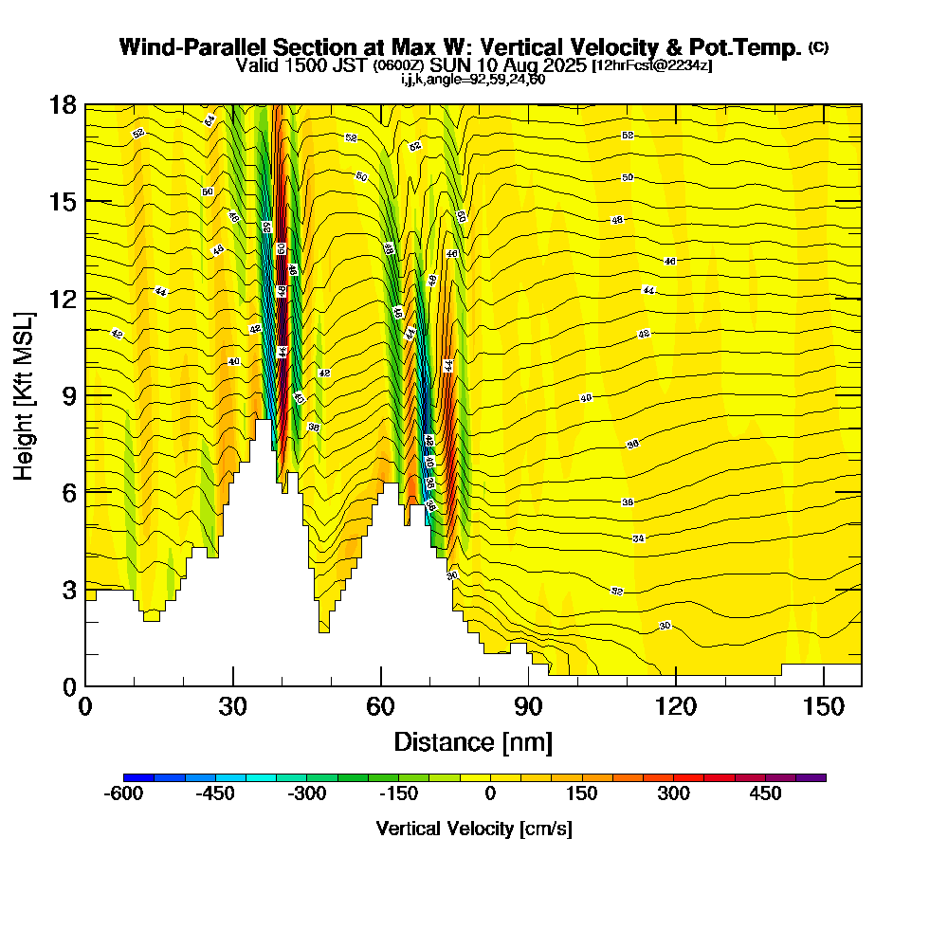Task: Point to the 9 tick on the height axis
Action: (x=85, y=394)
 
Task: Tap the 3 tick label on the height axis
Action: (x=67, y=589)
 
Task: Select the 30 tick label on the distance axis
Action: (x=232, y=707)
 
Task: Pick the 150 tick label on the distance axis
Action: (x=824, y=707)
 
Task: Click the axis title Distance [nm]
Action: (x=473, y=741)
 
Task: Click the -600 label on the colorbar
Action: (x=123, y=793)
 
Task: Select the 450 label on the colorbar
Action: (x=765, y=793)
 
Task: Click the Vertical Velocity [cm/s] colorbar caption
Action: (x=474, y=829)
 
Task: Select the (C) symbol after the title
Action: (x=818, y=47)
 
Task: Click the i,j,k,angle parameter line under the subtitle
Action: (x=473, y=79)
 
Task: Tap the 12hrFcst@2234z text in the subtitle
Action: (x=651, y=65)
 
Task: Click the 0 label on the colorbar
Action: (x=490, y=793)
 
